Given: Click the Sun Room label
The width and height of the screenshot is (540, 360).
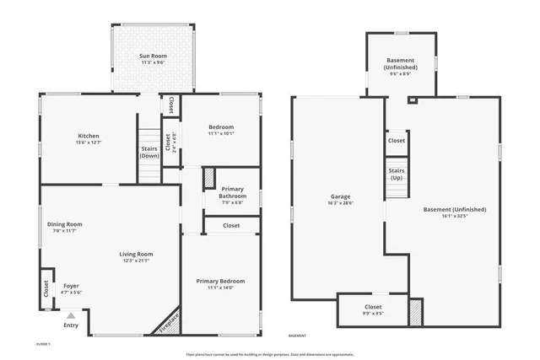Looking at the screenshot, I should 154,56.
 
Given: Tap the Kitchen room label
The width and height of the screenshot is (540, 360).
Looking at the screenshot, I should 89,136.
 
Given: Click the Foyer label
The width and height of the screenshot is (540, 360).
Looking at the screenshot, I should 71,286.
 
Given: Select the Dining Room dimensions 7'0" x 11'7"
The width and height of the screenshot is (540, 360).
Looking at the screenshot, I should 64,231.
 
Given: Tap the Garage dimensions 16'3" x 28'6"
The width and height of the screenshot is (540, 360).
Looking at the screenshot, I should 340,203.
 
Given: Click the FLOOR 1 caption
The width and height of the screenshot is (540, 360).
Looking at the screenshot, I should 43,344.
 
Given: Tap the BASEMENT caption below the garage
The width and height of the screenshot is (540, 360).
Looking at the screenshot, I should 297,336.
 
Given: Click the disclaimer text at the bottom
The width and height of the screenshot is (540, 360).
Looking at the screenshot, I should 270,354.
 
